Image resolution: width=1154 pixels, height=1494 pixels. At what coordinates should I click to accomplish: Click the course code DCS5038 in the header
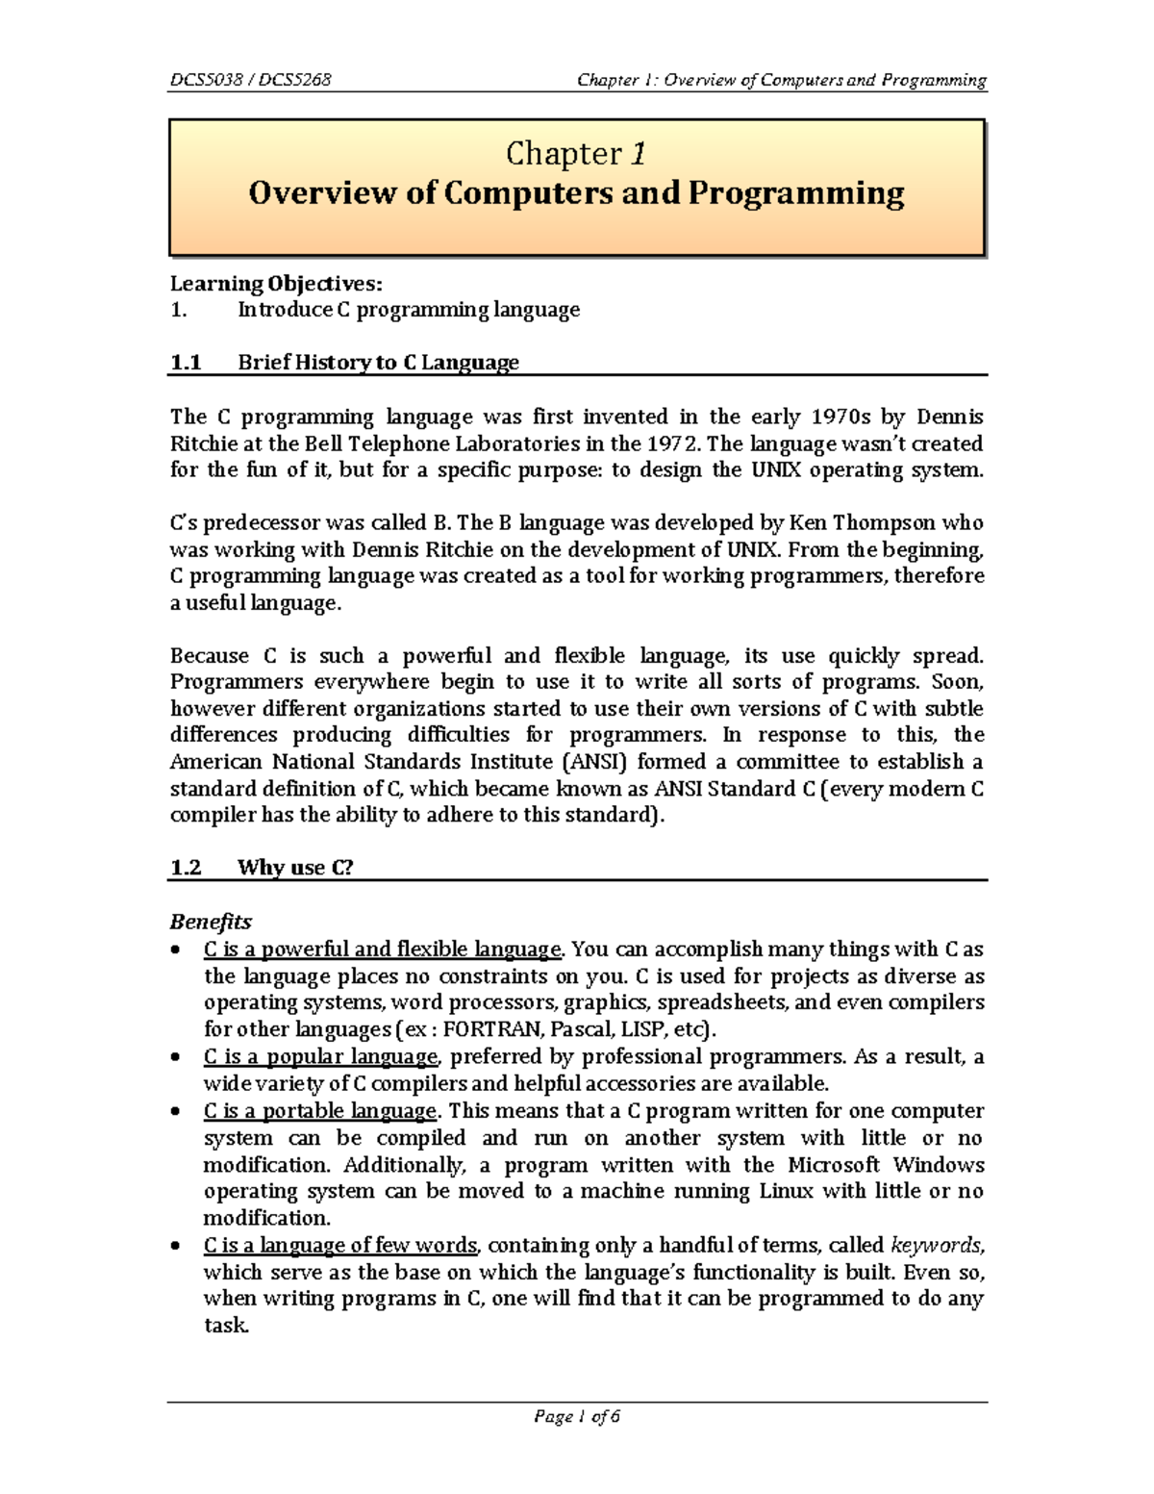[205, 80]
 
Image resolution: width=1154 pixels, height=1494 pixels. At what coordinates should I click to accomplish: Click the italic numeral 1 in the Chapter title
[638, 154]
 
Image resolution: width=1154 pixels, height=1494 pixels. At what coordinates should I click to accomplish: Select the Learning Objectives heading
[276, 283]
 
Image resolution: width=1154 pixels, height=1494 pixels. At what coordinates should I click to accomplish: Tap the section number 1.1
[186, 363]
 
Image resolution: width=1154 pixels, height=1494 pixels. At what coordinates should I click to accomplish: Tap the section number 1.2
[186, 868]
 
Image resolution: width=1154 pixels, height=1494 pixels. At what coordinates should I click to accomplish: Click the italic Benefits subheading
[211, 922]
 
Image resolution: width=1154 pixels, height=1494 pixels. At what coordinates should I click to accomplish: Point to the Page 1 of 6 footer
[577, 1417]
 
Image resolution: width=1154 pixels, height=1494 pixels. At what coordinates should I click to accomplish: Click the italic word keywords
[936, 1246]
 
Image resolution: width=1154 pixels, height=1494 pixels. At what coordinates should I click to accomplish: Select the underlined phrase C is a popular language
[320, 1057]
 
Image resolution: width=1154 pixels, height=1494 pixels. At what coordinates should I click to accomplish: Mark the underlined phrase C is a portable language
[320, 1111]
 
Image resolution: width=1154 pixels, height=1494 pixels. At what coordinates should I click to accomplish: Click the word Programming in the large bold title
[795, 193]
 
